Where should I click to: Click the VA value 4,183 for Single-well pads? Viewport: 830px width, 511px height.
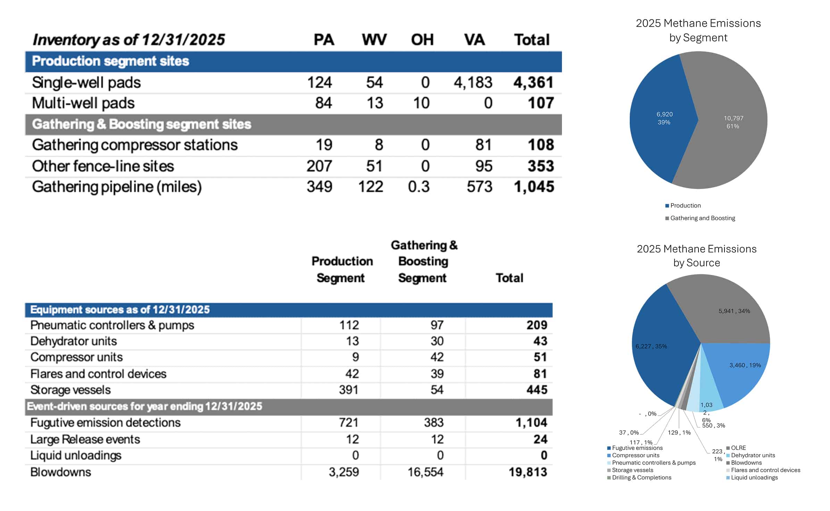point(473,83)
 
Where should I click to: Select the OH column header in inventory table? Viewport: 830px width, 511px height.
point(422,40)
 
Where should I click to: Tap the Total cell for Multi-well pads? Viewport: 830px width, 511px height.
point(540,103)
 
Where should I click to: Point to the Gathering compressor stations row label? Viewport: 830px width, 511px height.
point(135,145)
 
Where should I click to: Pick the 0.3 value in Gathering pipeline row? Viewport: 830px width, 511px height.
point(419,187)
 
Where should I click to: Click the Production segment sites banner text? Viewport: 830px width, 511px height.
point(110,61)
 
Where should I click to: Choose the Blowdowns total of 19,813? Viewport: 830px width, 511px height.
point(528,472)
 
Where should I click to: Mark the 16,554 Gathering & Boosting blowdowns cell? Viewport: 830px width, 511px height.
point(425,472)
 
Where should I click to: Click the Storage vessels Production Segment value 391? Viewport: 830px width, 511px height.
point(348,390)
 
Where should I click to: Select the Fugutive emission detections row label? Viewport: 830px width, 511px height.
point(105,423)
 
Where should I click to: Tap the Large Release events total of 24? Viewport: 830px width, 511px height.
point(540,439)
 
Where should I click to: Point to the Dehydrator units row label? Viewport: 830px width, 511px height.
point(74,341)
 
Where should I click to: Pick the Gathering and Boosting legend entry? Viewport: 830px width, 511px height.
point(702,218)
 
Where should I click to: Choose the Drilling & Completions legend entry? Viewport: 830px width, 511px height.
point(641,478)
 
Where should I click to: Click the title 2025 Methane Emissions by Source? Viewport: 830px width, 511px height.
point(696,256)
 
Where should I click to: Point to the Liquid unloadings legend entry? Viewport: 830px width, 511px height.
point(754,478)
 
